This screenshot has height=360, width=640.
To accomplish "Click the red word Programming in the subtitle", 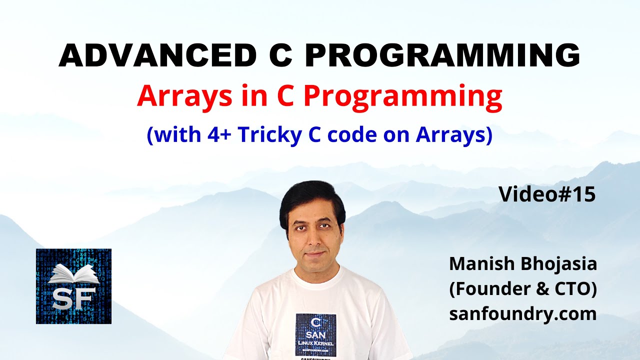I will coord(402,97).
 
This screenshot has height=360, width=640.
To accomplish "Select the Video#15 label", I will coord(547,194).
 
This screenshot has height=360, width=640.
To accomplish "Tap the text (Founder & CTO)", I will coord(523,289).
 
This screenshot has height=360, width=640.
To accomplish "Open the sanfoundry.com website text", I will coord(523,314).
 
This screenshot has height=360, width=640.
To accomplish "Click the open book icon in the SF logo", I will coord(73,274).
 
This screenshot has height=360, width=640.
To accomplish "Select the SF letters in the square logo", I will coord(73,298).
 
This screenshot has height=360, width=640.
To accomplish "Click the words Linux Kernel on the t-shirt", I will coord(315,345).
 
